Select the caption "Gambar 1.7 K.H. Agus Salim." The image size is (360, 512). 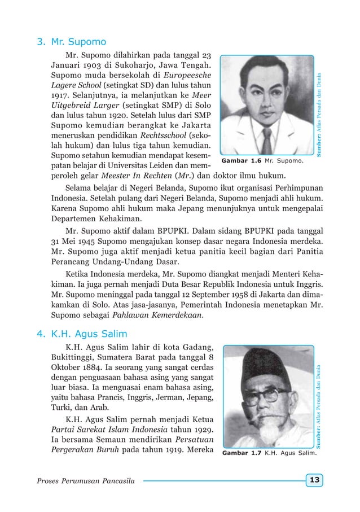(269, 453)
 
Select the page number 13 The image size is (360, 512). (314, 480)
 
